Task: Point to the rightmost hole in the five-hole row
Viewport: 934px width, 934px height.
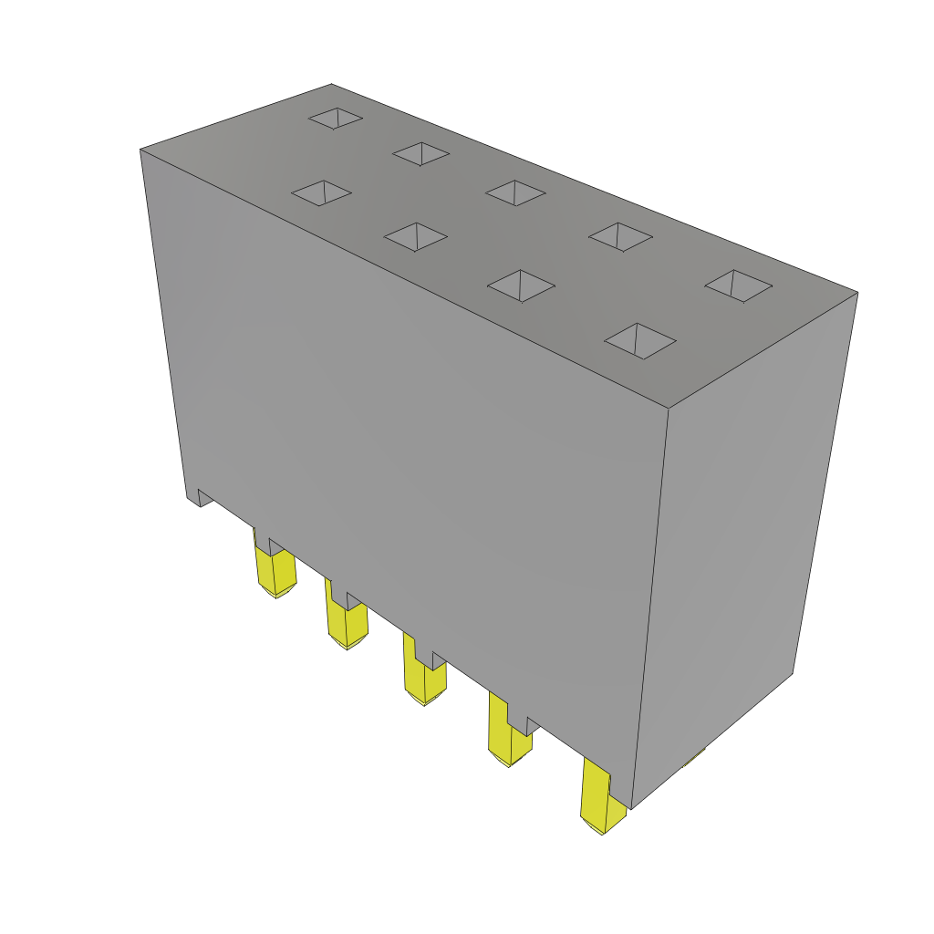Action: (x=738, y=285)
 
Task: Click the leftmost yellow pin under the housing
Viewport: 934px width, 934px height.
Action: (x=275, y=570)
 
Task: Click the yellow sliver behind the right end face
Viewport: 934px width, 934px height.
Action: (x=697, y=755)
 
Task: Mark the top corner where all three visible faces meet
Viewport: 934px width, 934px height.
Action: (x=669, y=408)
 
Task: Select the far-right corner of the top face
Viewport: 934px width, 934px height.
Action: (x=857, y=293)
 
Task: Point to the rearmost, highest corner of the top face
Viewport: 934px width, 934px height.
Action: (x=331, y=85)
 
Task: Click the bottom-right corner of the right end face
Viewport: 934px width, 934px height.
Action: (x=792, y=674)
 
